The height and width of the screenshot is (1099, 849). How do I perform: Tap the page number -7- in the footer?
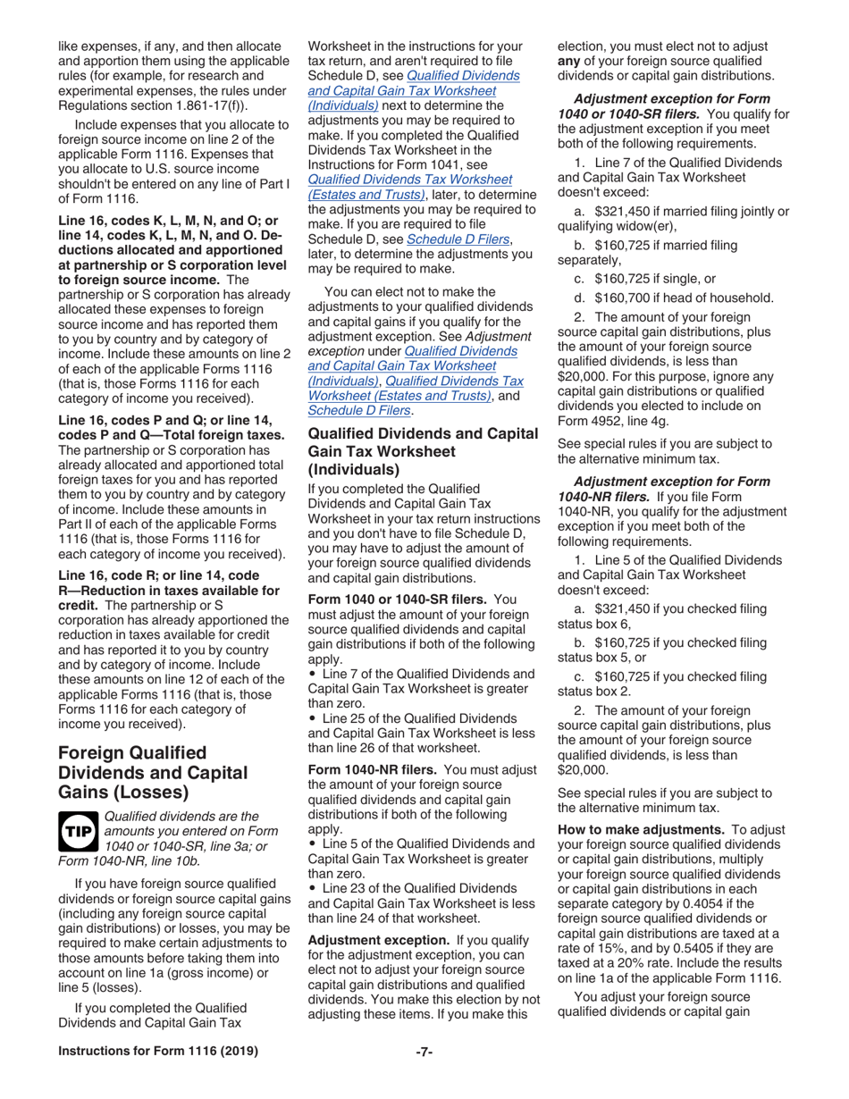pos(424,1076)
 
